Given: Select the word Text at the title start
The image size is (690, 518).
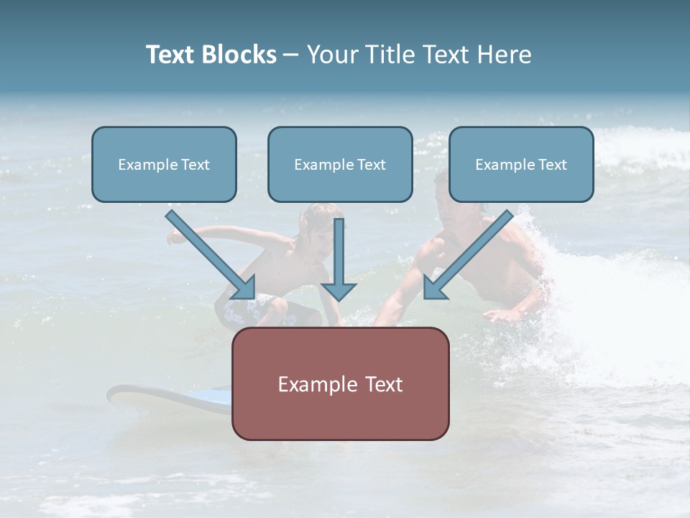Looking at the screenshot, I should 170,55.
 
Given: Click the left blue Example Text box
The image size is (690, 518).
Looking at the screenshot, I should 164,165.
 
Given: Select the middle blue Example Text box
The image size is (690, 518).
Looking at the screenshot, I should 340,165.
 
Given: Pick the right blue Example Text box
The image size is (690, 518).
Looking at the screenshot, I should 521,165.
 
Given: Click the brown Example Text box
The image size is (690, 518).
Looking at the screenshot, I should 340,383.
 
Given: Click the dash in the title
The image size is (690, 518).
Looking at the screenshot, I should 291,55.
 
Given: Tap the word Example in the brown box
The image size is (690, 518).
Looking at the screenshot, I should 313,383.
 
